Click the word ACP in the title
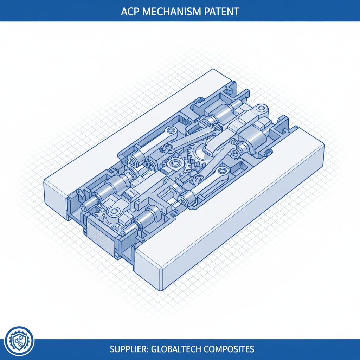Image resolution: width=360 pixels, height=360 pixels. (x=129, y=11)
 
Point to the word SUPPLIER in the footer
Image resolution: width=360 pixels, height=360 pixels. (x=129, y=349)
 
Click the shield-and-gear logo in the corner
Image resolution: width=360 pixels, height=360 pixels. (x=20, y=340)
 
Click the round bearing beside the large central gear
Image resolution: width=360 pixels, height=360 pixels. (x=174, y=164)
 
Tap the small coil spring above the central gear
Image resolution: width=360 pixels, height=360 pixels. (x=216, y=127)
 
